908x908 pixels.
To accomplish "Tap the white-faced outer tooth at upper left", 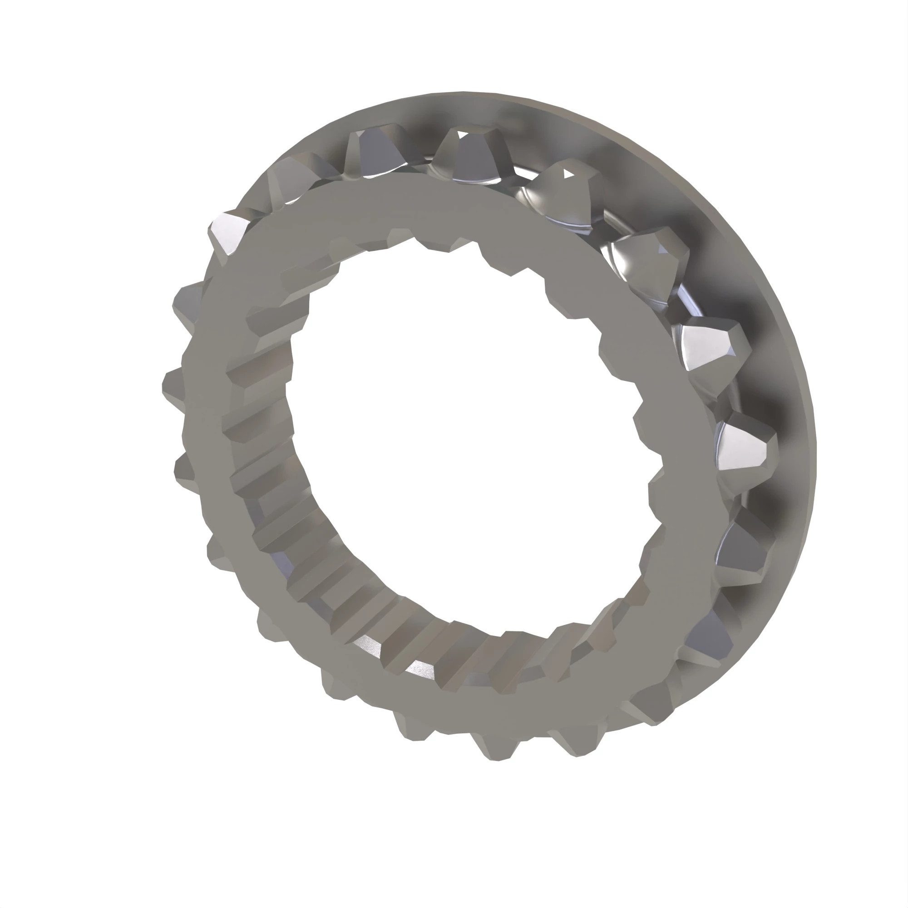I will point(228,232).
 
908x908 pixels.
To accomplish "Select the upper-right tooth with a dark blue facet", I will point(651,263).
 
